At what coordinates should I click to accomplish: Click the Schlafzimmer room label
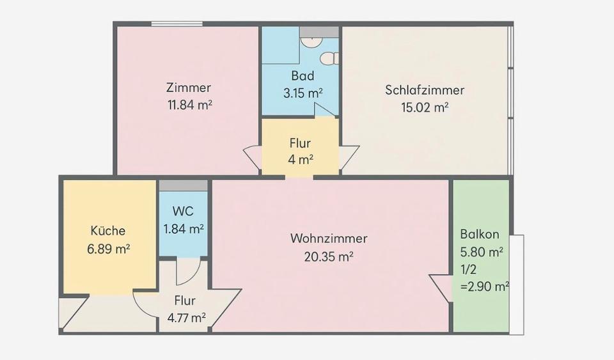pyautogui.click(x=425, y=90)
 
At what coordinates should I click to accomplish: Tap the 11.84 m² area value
pyautogui.click(x=190, y=105)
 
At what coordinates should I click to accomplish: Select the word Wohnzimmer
pyautogui.click(x=329, y=239)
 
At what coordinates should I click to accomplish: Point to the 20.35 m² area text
pyautogui.click(x=329, y=256)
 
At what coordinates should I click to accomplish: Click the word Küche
pyautogui.click(x=108, y=230)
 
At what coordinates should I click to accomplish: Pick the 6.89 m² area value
pyautogui.click(x=109, y=249)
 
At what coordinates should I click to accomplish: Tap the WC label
pyautogui.click(x=183, y=211)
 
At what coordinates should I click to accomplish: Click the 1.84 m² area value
pyautogui.click(x=184, y=229)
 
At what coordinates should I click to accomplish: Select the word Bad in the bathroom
pyautogui.click(x=303, y=75)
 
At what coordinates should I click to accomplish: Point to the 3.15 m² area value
pyautogui.click(x=303, y=93)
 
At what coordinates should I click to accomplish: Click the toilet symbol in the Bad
pyautogui.click(x=329, y=59)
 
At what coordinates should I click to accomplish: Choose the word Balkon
pyautogui.click(x=480, y=234)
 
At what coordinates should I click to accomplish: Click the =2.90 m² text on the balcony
pyautogui.click(x=485, y=286)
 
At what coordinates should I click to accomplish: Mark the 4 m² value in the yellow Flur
pyautogui.click(x=301, y=160)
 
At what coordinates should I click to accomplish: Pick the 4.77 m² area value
pyautogui.click(x=186, y=318)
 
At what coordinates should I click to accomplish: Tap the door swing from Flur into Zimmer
pyautogui.click(x=251, y=158)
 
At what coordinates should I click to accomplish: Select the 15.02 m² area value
pyautogui.click(x=425, y=107)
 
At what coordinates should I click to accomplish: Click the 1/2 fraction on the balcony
pyautogui.click(x=468, y=269)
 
